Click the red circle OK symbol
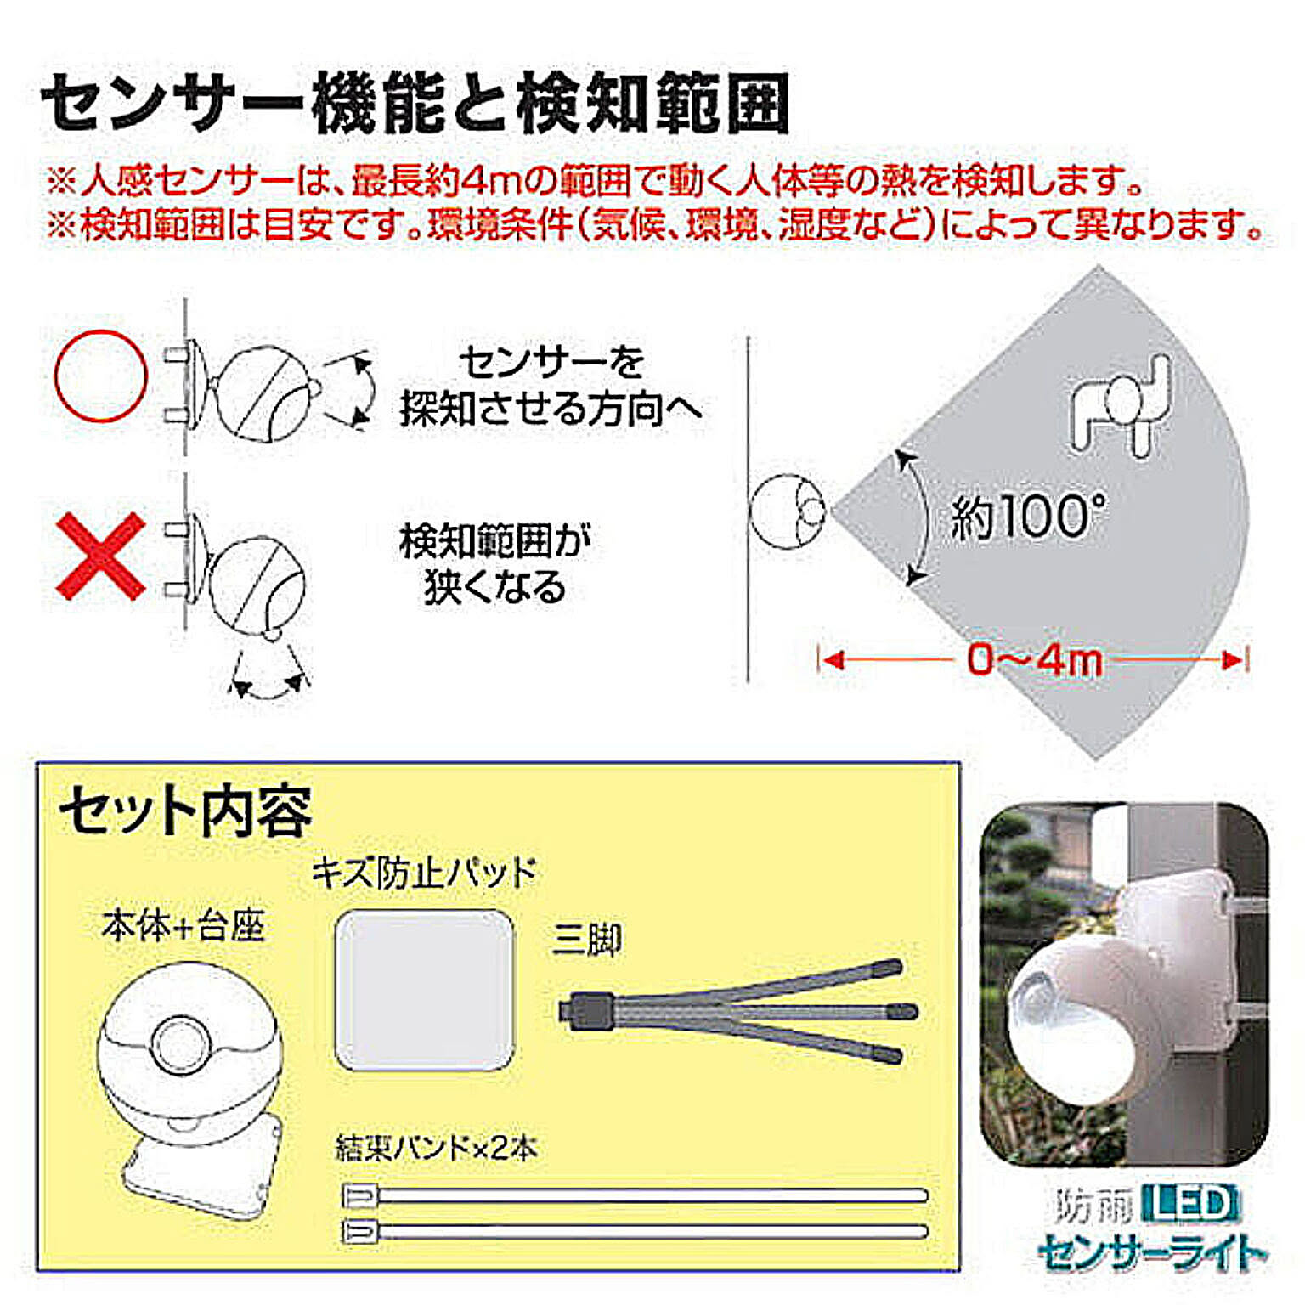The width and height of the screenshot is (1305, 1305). click(x=100, y=376)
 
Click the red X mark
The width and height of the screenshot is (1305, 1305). click(x=100, y=556)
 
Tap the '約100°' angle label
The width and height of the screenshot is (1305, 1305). click(x=1028, y=516)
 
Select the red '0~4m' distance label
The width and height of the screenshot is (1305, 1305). click(x=1034, y=659)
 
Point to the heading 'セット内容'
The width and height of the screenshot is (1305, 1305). click(x=185, y=811)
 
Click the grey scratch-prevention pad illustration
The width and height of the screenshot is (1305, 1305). click(x=425, y=990)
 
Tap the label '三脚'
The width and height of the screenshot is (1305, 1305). click(x=587, y=940)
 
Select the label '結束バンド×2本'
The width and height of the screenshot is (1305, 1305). click(x=437, y=1148)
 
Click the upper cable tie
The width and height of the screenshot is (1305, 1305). click(x=635, y=1195)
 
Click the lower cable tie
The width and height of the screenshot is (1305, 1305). click(x=635, y=1230)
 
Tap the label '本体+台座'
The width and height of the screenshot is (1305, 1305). click(x=184, y=925)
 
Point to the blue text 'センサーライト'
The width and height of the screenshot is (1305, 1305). click(x=1152, y=1252)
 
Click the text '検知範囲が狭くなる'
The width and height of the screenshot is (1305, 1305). click(x=495, y=564)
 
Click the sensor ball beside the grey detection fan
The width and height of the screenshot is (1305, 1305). click(x=788, y=511)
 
